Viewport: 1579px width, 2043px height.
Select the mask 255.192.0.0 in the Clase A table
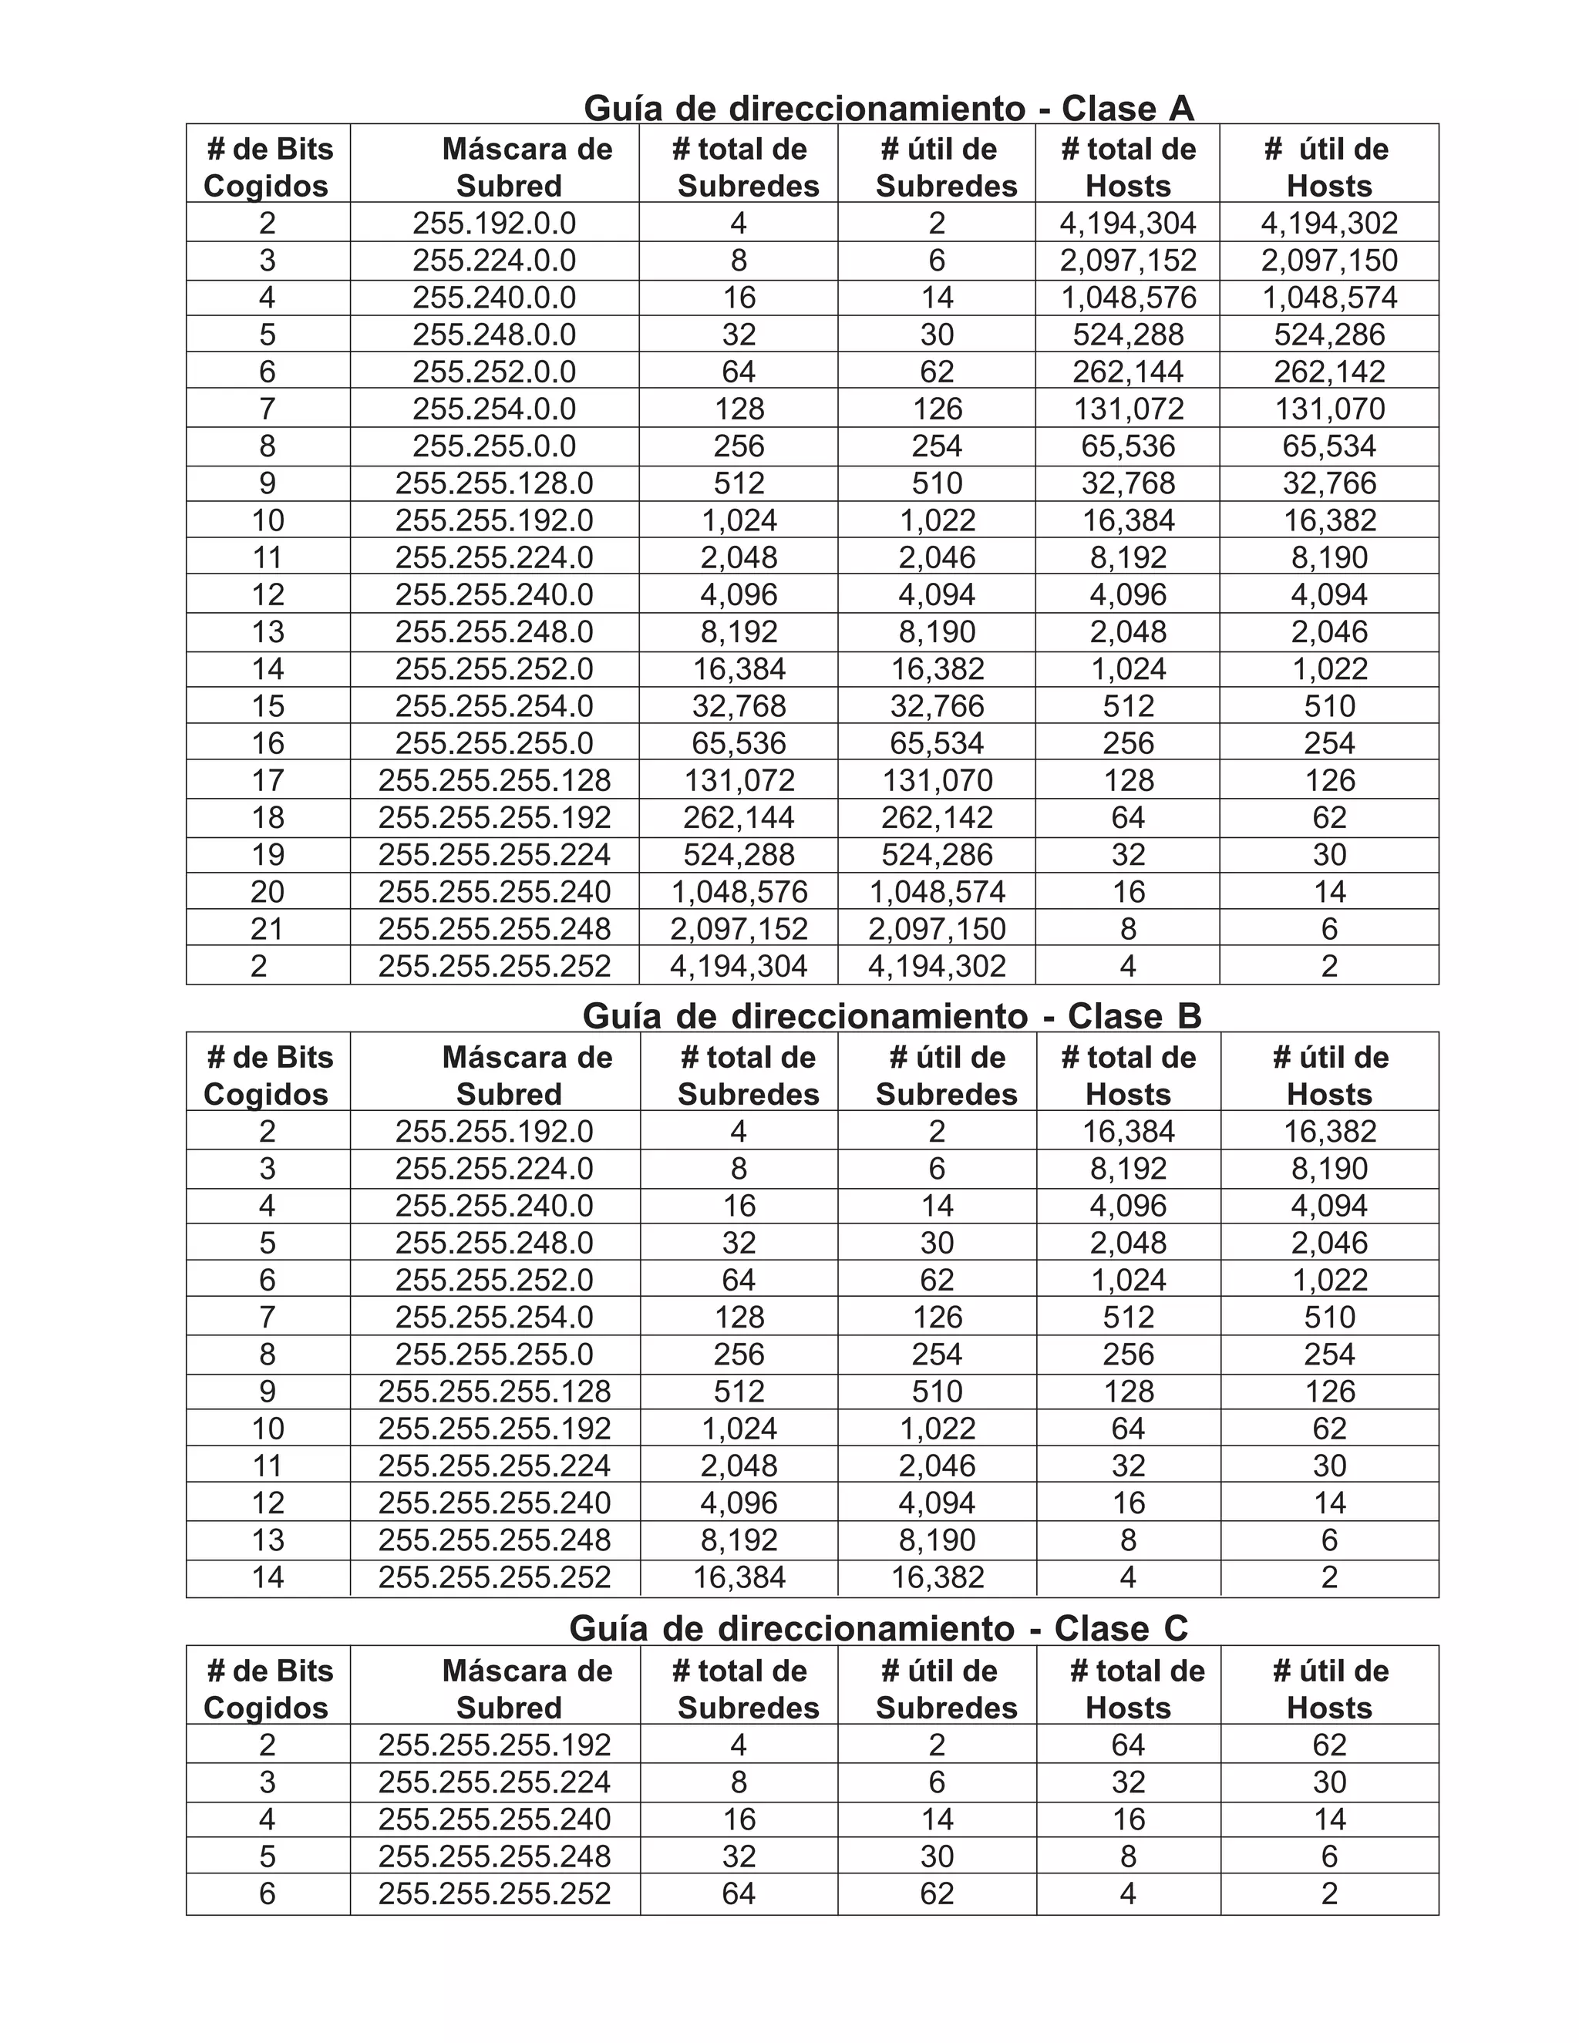(x=494, y=223)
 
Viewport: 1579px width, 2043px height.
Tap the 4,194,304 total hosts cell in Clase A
(x=1127, y=223)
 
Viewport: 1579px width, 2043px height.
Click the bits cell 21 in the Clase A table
(x=267, y=929)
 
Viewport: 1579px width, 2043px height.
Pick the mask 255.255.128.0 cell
(x=494, y=483)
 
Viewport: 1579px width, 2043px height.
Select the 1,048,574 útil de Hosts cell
(x=1328, y=298)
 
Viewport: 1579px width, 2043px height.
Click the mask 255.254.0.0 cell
(x=494, y=409)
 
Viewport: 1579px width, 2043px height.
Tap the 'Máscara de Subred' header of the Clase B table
(x=509, y=1075)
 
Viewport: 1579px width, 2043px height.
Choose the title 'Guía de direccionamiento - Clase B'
(x=891, y=1016)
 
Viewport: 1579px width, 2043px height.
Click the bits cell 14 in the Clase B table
(x=267, y=1577)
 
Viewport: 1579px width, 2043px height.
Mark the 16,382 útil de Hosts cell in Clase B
(x=1328, y=1131)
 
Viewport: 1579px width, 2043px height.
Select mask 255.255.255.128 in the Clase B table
(x=494, y=1391)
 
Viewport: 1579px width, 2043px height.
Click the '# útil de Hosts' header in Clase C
(x=1328, y=1688)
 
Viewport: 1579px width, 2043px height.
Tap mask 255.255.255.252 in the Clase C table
(x=494, y=1893)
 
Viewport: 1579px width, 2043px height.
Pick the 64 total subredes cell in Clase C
(x=738, y=1893)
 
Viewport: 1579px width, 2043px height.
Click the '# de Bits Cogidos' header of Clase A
(x=267, y=167)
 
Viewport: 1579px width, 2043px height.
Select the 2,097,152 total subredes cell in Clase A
(x=738, y=929)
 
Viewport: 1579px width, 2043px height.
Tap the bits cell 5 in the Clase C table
(x=267, y=1856)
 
